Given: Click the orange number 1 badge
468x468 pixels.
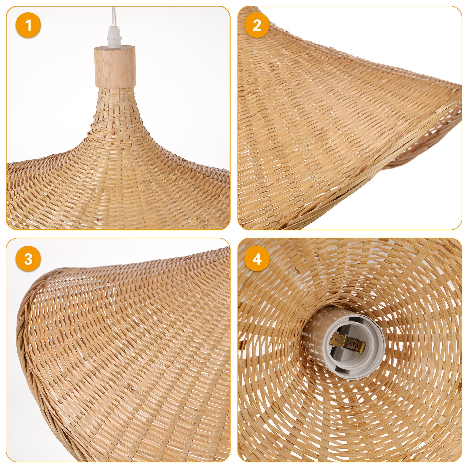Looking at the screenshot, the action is (x=28, y=25).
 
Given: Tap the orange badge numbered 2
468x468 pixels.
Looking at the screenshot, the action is (x=257, y=25).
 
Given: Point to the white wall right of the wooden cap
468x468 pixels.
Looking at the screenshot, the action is (x=182, y=73).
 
